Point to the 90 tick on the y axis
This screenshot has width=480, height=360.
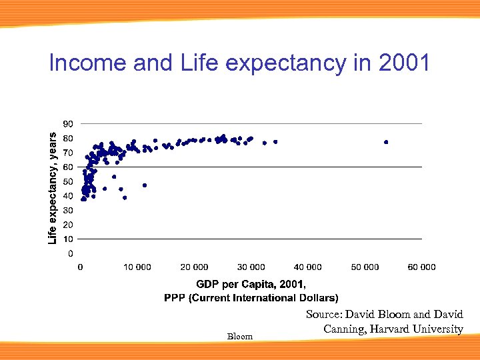(68, 124)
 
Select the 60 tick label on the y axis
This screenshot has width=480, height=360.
(68, 167)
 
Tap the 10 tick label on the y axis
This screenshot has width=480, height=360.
(68, 239)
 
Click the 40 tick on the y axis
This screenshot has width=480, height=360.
(68, 196)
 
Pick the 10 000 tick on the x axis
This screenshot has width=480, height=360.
(137, 267)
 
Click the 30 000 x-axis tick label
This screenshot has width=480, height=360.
(251, 267)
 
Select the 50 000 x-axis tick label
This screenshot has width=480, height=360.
(365, 267)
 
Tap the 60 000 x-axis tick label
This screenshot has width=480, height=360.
(421, 267)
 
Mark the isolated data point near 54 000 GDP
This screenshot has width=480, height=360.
(386, 142)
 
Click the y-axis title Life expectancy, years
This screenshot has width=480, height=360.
(53, 188)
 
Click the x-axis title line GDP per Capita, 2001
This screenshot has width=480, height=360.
(251, 285)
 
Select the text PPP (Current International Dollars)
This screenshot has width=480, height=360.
(251, 297)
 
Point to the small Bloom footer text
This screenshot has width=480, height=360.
(240, 337)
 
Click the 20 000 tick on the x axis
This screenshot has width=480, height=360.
(194, 267)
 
